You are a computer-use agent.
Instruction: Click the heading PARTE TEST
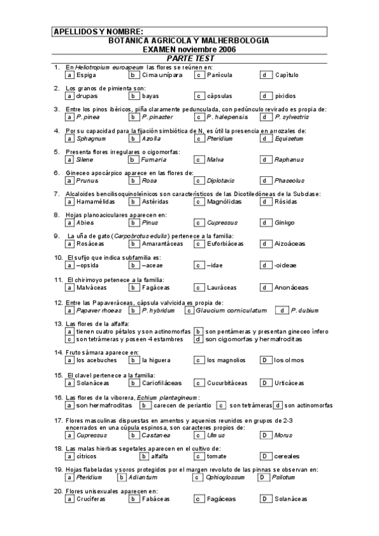[189, 58]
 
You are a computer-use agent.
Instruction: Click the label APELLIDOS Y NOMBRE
[98, 32]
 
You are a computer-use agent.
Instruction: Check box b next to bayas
[134, 97]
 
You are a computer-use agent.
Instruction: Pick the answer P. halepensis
[225, 118]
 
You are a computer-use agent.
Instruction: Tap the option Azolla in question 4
[151, 139]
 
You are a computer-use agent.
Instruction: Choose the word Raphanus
[289, 160]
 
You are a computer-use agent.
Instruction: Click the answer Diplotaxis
[221, 181]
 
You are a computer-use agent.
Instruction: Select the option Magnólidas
[224, 202]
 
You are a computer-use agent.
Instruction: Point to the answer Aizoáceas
[290, 244]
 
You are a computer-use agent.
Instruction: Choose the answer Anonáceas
[291, 288]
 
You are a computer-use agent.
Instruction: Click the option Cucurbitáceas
[227, 383]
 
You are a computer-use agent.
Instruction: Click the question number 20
[58, 491]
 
